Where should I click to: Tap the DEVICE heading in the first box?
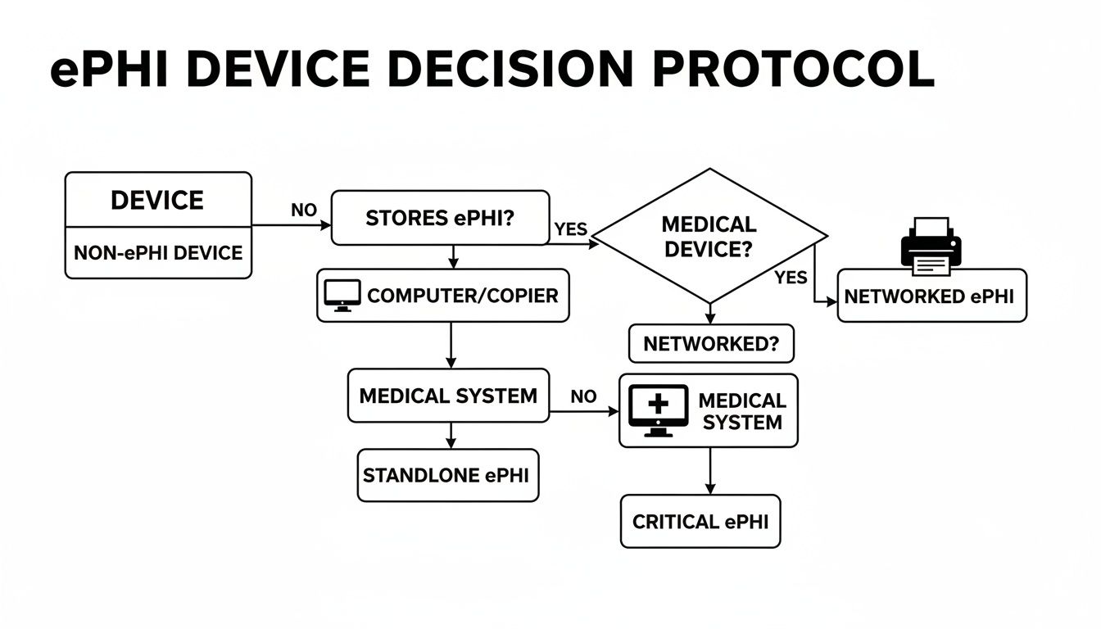(x=157, y=200)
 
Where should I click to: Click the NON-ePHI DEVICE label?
(x=157, y=252)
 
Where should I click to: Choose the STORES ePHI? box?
(x=440, y=218)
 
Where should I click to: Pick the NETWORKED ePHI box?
(x=931, y=296)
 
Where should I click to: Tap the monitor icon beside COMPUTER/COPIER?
(x=342, y=295)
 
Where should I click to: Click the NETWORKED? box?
(x=710, y=343)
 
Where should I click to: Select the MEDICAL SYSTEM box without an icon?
(x=448, y=396)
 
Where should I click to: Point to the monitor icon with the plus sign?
(x=659, y=410)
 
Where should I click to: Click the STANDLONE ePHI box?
(x=448, y=475)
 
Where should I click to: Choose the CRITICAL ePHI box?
(x=700, y=521)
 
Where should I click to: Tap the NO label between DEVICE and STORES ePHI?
(x=303, y=210)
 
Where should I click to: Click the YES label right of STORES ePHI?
(x=571, y=229)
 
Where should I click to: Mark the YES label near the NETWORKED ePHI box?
(x=791, y=278)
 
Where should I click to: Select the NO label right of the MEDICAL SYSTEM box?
(x=583, y=396)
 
